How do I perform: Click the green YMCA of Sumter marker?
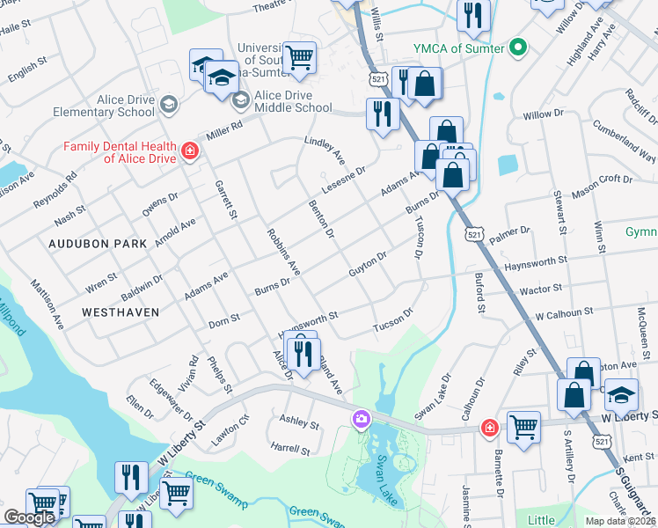[x=518, y=47]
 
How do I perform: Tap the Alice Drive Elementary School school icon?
[x=168, y=106]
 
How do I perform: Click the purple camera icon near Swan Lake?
[x=361, y=420]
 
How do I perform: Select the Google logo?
[x=30, y=517]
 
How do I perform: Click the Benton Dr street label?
[x=322, y=219]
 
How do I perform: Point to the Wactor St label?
[x=540, y=290]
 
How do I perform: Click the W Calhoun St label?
[x=565, y=314]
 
